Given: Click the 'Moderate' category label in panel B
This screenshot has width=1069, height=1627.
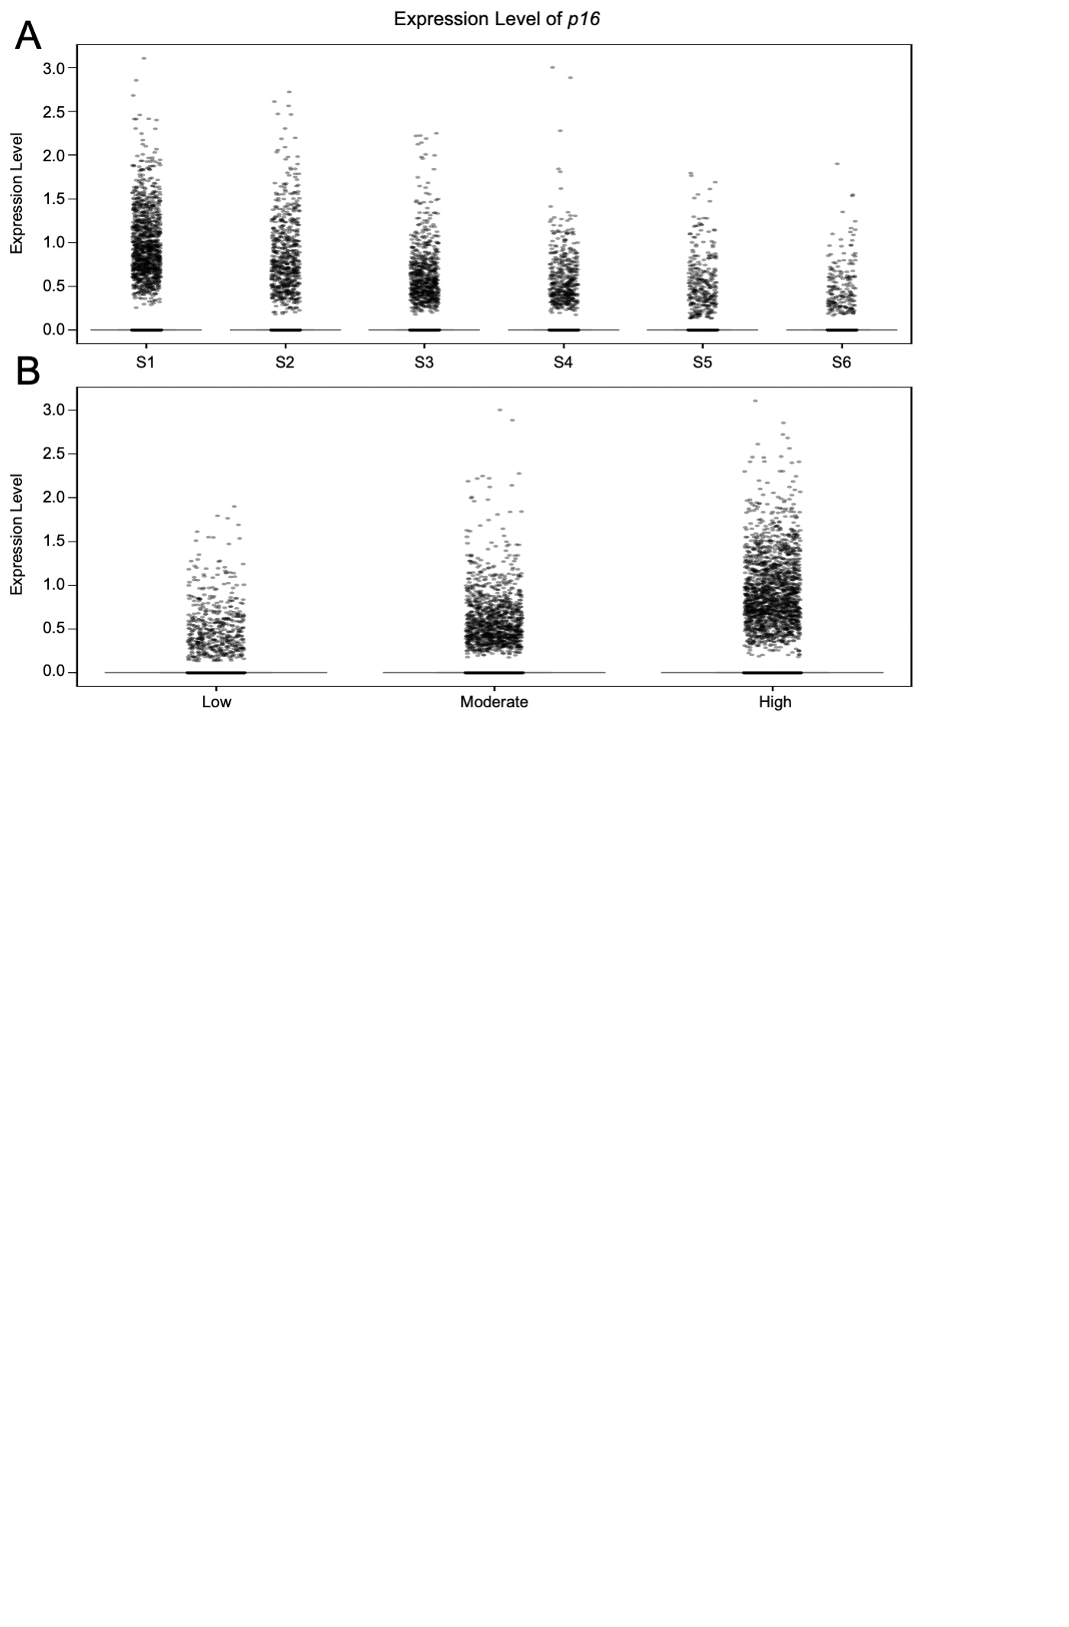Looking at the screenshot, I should tap(494, 702).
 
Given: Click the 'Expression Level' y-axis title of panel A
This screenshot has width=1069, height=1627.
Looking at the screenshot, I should tap(17, 194).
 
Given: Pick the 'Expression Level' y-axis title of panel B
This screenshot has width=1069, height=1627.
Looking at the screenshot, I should tap(17, 535).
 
